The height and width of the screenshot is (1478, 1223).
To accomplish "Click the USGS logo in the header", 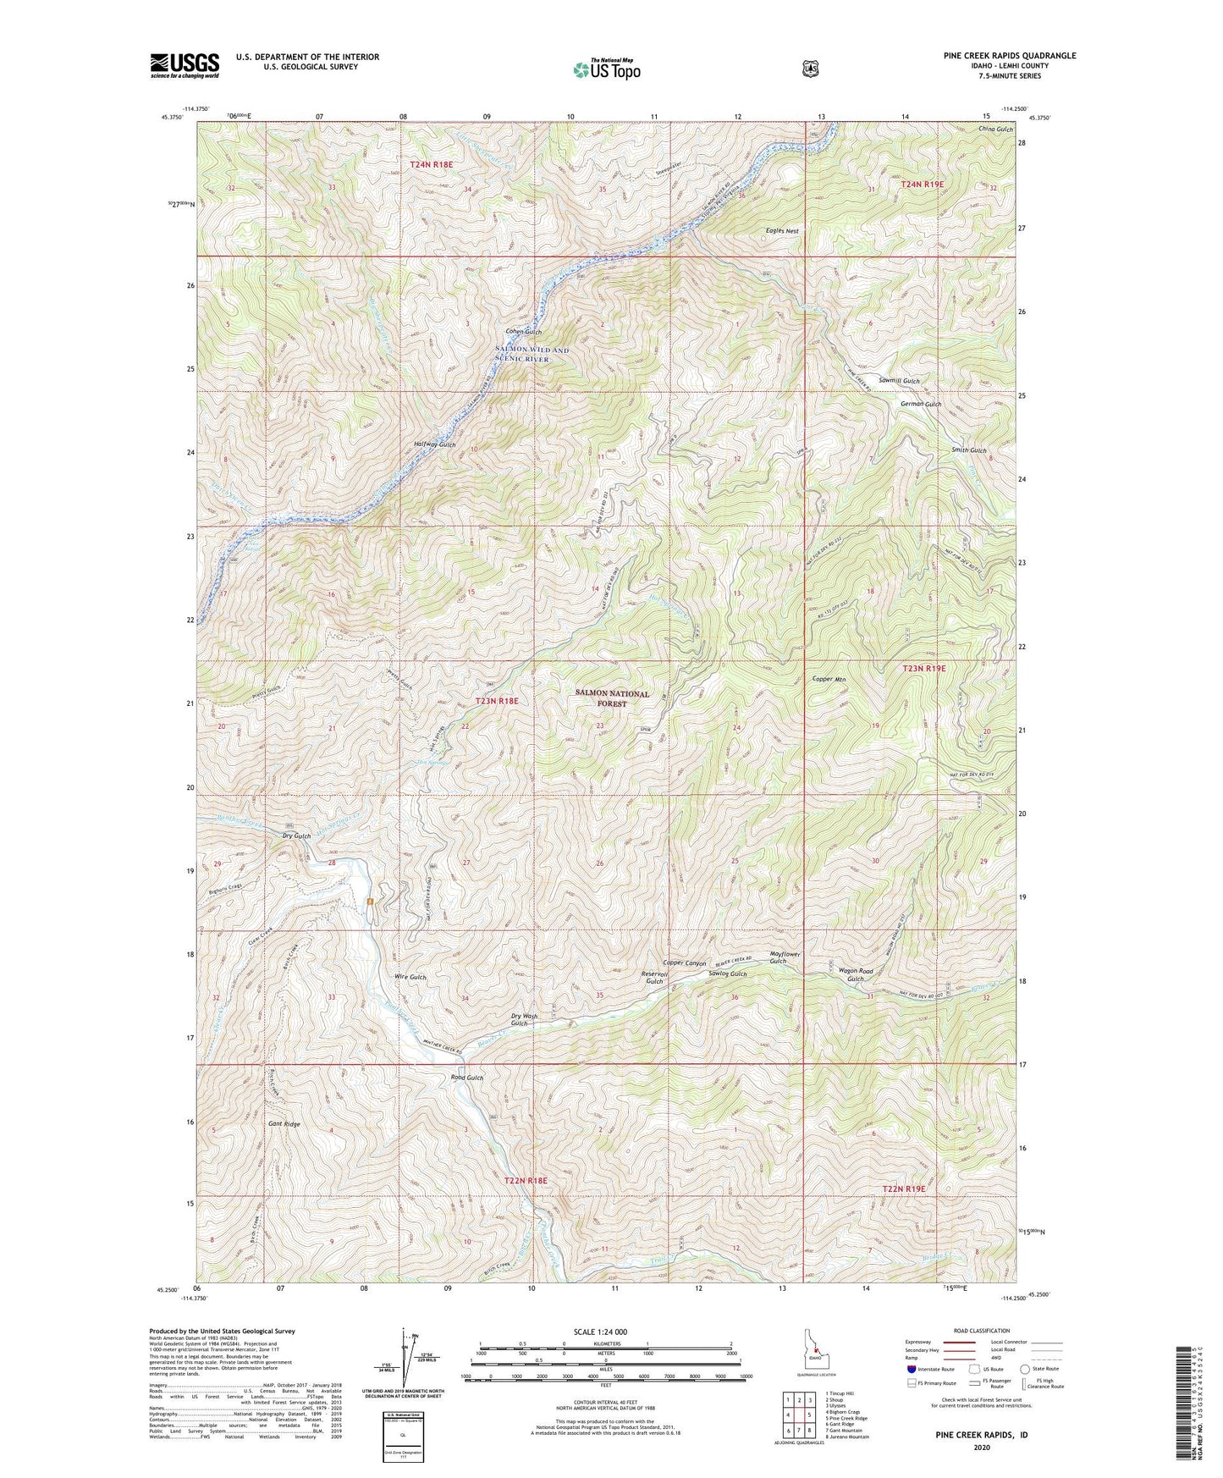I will [185, 65].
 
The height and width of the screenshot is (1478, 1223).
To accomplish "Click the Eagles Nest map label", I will [782, 230].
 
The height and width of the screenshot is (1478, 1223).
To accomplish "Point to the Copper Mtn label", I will [829, 679].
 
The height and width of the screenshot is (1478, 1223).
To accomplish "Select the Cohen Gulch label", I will [523, 332].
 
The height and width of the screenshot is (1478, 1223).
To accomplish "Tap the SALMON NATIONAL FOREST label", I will [612, 698].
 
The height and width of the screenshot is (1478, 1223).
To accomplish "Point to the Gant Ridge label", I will [284, 1124].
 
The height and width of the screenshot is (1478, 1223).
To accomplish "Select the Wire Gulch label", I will [410, 977].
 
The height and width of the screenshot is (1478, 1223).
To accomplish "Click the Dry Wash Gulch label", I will [524, 1019].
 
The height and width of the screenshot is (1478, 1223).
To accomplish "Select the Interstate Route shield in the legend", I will [911, 1368].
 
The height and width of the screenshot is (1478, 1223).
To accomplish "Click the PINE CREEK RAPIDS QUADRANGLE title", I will [1010, 56].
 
